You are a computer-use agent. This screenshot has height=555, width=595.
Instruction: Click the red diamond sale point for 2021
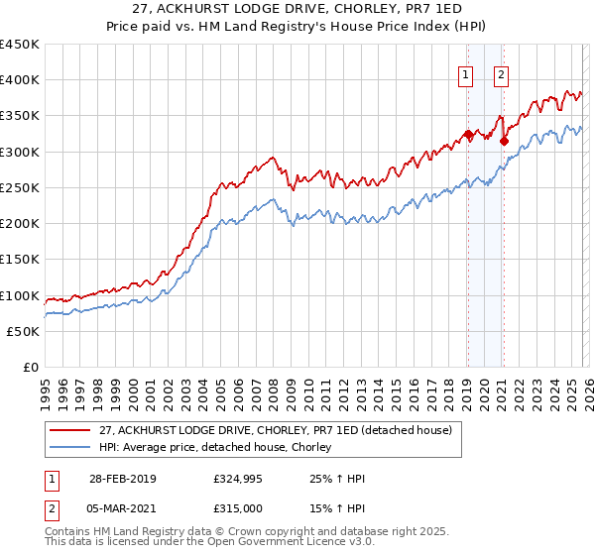(504, 142)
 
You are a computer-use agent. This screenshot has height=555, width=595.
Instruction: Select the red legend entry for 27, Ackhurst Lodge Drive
(276, 430)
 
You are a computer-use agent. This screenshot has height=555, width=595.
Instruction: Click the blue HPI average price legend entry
(220, 448)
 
